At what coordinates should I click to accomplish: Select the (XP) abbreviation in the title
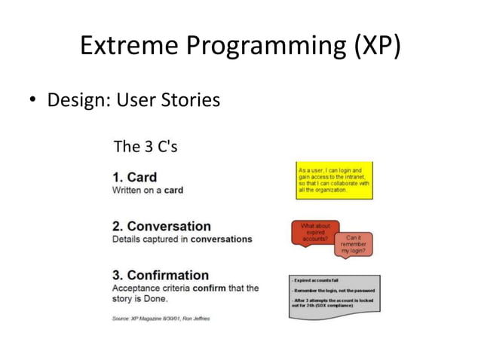(374, 47)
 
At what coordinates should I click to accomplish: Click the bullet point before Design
(33, 100)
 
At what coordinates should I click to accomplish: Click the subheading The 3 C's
(145, 146)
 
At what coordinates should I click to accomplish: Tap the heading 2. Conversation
(161, 226)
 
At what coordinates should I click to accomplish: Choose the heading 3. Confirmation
(160, 275)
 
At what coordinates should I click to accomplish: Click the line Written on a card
(147, 190)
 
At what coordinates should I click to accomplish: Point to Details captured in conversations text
(182, 239)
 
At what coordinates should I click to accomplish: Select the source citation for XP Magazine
(161, 319)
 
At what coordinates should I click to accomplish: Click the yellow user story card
(334, 181)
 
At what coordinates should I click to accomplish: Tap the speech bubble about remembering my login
(354, 245)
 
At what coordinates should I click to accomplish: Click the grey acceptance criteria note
(334, 297)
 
